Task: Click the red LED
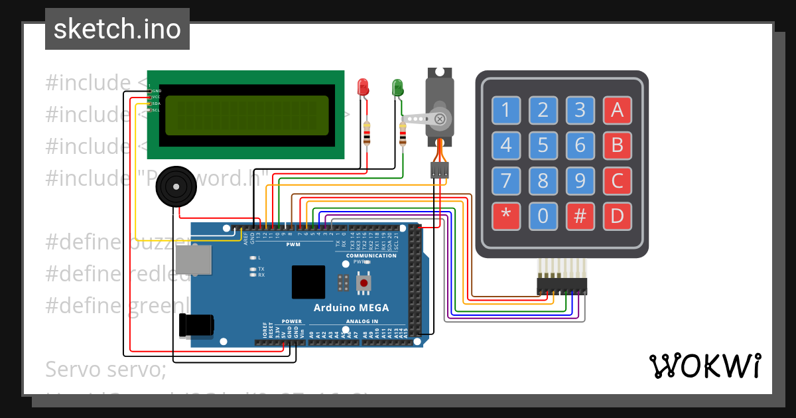363,86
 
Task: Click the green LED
397,86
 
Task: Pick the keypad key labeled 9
580,180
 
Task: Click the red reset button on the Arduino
364,283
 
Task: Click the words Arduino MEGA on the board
351,308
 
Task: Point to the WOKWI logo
704,365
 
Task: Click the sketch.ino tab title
117,29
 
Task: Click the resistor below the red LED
367,134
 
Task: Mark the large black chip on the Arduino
308,282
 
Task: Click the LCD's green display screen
247,115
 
